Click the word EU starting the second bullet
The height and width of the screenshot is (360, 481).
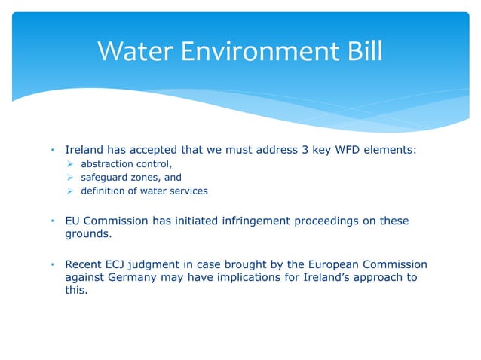73,221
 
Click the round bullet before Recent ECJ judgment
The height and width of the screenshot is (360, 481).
54,264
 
